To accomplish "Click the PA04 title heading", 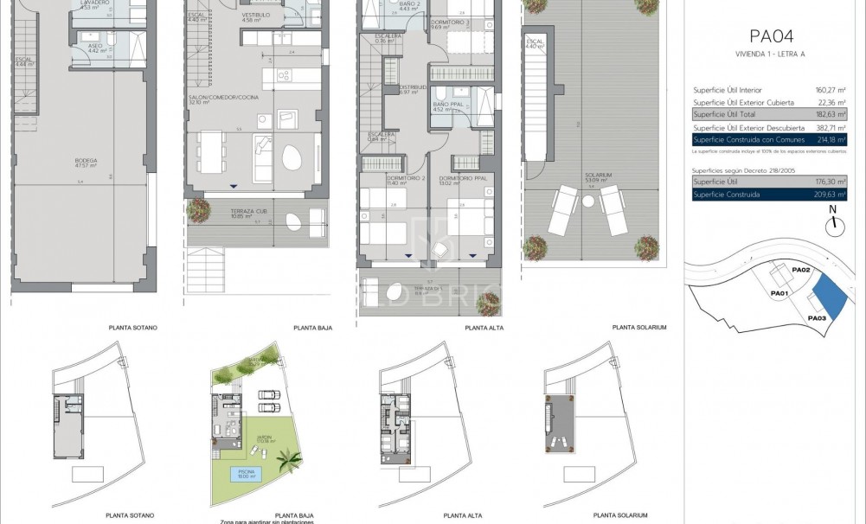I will tap(770, 36).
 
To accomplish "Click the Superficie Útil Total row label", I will tap(726, 114).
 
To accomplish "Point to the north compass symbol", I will tap(833, 223).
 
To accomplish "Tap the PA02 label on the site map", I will tap(800, 271).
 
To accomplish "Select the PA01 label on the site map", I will tap(779, 293).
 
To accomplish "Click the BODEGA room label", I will tap(86, 160).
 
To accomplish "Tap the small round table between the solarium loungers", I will tap(588, 201).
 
